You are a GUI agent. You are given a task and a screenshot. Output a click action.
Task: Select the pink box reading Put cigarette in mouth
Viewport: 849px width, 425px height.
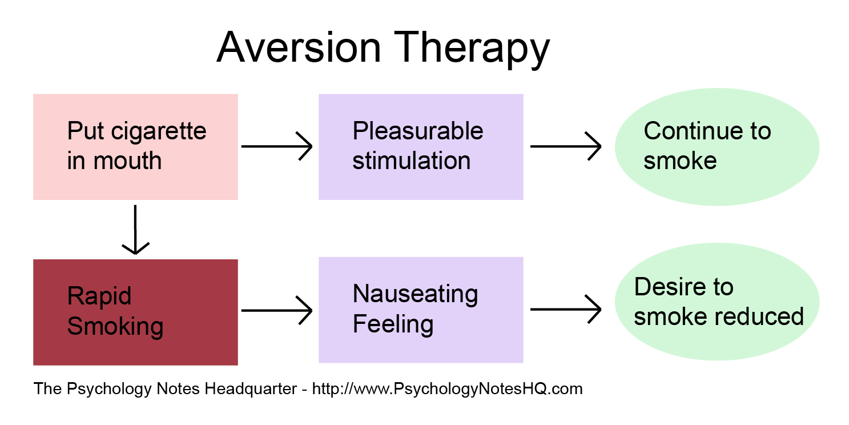[135, 147]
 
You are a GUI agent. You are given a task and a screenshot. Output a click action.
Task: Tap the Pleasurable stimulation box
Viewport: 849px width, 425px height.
[421, 147]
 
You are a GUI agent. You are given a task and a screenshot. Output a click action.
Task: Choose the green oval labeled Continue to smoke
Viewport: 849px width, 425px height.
[717, 147]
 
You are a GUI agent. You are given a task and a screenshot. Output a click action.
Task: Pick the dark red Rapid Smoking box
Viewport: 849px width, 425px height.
[135, 312]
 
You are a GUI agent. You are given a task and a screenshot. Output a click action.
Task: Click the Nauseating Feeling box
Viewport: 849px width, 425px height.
[421, 310]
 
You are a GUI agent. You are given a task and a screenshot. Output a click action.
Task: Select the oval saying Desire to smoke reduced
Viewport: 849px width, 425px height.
[717, 302]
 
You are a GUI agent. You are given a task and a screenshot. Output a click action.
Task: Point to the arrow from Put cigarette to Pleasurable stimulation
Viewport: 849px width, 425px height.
[277, 147]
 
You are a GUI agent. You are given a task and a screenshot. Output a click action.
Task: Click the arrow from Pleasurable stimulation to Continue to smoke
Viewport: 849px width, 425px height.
[566, 147]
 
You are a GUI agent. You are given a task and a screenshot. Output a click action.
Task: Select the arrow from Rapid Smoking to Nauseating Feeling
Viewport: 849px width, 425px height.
[277, 311]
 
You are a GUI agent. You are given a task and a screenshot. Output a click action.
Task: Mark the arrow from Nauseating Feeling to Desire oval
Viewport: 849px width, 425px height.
[566, 310]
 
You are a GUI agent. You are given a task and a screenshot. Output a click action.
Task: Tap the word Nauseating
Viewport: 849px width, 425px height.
[415, 295]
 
